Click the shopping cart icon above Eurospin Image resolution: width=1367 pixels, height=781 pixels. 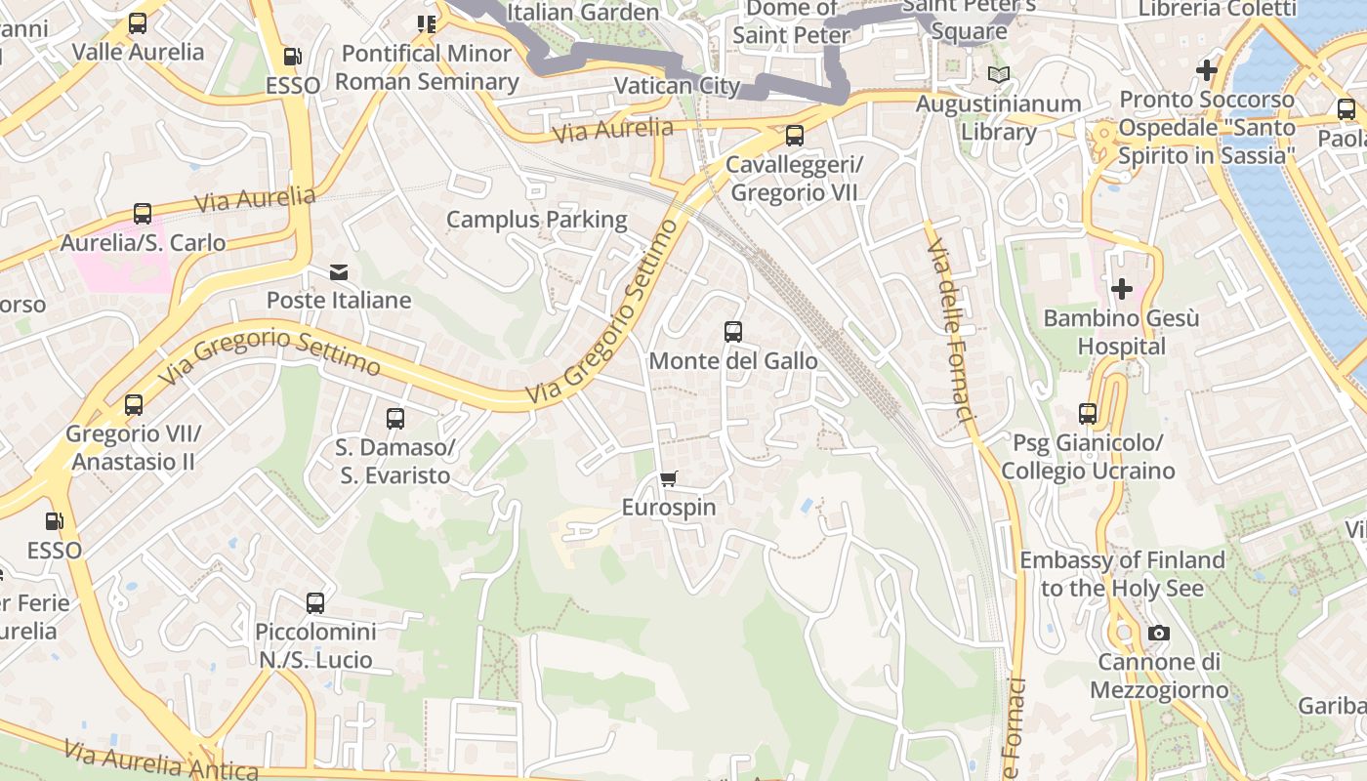(x=668, y=478)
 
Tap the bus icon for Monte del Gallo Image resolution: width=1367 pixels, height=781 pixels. (x=733, y=332)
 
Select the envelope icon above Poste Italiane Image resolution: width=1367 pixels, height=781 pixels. (x=339, y=271)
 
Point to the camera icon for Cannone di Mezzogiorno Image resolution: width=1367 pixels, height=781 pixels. (x=1159, y=633)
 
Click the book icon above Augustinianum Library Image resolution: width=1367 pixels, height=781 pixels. (x=998, y=74)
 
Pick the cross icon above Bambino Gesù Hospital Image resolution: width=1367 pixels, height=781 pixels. (x=1121, y=289)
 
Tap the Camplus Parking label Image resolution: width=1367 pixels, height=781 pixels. (x=536, y=220)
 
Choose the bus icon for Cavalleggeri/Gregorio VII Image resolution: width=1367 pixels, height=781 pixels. (x=794, y=136)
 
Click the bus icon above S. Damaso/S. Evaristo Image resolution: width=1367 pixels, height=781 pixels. (x=394, y=419)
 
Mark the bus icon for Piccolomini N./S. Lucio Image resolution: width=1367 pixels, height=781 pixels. (x=314, y=602)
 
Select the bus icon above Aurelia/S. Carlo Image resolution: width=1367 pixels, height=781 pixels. (x=143, y=214)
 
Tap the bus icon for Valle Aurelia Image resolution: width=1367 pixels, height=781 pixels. (x=138, y=23)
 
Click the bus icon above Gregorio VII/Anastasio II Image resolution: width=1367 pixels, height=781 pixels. (x=134, y=404)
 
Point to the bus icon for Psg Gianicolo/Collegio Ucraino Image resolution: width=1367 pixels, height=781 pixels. (x=1088, y=414)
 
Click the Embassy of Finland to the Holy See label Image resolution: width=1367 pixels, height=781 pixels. (x=1122, y=574)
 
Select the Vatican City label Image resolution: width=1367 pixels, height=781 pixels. (x=677, y=86)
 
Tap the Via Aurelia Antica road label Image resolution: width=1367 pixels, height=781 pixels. (x=161, y=760)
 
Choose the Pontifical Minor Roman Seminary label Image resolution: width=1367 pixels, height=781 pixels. (x=427, y=67)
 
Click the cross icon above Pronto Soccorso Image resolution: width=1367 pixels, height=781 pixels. (x=1207, y=70)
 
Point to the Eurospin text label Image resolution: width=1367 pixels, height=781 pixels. (x=669, y=508)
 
